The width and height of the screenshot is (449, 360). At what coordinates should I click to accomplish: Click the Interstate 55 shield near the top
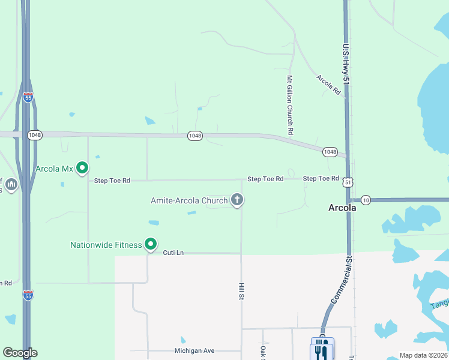28,97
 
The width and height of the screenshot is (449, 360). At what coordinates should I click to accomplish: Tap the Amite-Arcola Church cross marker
237,200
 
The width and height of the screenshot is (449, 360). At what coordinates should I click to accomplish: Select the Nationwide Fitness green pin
151,244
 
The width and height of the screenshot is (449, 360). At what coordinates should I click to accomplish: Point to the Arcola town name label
343,208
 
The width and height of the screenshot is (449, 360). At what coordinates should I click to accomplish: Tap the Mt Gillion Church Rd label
289,104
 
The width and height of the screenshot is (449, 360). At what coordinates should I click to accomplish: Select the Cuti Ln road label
173,253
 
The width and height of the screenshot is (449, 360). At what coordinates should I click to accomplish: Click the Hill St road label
241,292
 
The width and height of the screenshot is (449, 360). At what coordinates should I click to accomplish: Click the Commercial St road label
340,280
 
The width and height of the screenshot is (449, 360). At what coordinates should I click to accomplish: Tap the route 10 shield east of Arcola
366,199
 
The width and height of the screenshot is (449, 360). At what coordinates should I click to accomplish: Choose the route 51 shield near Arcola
349,181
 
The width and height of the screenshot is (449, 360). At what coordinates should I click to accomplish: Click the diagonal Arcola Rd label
328,85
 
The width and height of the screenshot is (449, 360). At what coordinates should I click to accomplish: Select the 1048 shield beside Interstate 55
34,135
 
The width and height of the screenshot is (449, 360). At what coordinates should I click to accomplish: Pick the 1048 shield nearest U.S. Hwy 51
330,152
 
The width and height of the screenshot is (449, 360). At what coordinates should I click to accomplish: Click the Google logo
20,353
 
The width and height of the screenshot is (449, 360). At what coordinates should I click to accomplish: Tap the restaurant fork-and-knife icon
322,350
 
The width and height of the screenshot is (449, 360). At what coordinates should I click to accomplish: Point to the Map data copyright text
423,355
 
